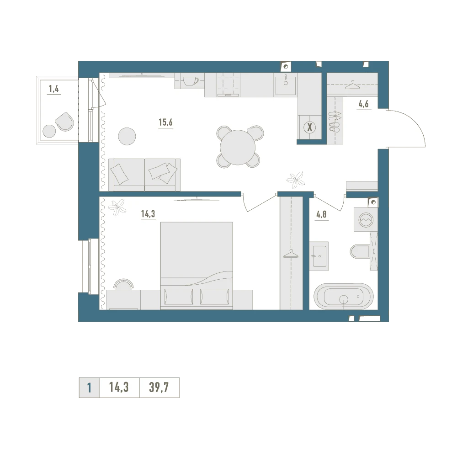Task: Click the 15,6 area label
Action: pos(165,122)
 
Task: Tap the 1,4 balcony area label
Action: pos(54,89)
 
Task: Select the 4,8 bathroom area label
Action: pos(321,214)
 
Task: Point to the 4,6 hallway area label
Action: pos(363,104)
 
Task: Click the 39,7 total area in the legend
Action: pos(159,388)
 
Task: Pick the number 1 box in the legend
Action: pos(89,388)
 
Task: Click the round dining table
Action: pos(238,147)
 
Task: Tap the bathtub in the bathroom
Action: pos(344,296)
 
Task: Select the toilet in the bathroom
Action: pos(360,251)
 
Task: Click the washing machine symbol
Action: pos(366,219)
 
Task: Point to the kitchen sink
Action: pos(286,85)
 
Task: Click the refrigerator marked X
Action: pos(309,127)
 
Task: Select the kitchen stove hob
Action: pos(228,84)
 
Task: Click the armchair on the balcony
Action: pos(64,122)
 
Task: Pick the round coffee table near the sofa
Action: pos(127,136)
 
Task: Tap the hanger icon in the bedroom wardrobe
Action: pos(291,255)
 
